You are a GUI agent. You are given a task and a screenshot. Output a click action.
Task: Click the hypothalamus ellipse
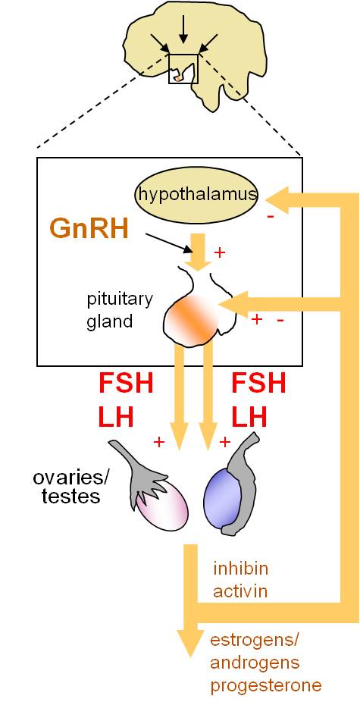[196, 195]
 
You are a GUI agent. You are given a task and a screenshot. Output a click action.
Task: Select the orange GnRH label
[89, 229]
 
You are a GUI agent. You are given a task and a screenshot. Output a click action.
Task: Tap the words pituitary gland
[119, 310]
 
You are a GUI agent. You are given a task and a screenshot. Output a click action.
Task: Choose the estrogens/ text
[254, 641]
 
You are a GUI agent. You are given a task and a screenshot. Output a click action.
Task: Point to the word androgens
[255, 663]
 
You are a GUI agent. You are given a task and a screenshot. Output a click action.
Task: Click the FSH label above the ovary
[126, 384]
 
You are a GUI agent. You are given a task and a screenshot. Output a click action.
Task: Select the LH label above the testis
[249, 418]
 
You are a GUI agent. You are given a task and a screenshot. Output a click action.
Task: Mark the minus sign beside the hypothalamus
[271, 217]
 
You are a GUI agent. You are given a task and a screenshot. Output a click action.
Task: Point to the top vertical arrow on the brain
[182, 31]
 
